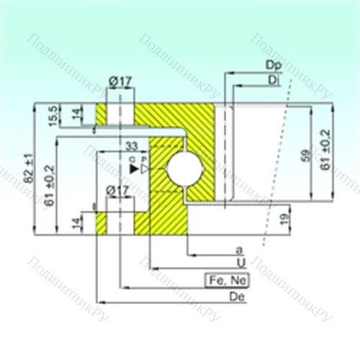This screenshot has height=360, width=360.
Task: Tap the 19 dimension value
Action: [x=284, y=217]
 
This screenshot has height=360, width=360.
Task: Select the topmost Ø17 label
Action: [x=120, y=81]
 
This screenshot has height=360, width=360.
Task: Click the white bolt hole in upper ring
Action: [x=120, y=113]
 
